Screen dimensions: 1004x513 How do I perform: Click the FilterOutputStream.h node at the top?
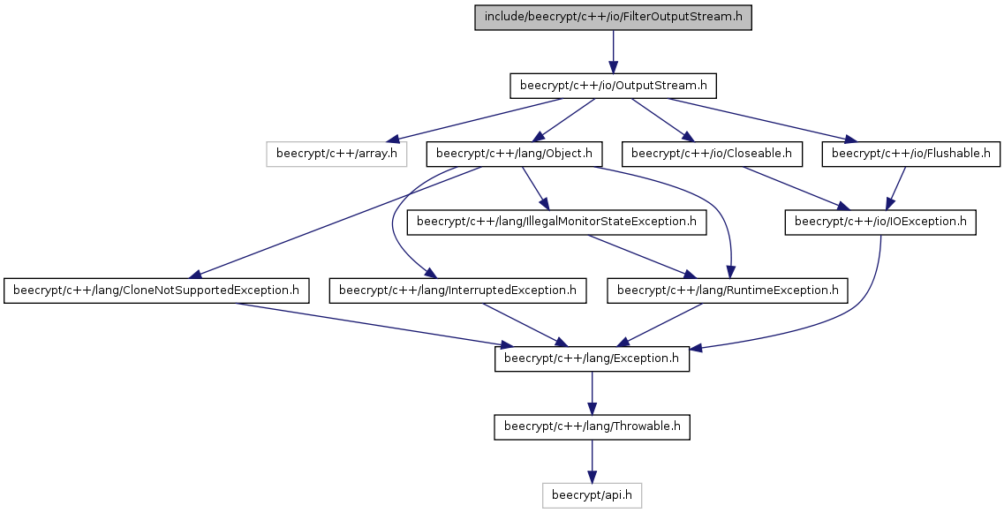pyautogui.click(x=613, y=18)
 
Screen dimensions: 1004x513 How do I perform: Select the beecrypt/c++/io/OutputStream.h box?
pyautogui.click(x=613, y=86)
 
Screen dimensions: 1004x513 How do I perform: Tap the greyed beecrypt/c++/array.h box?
pyautogui.click(x=336, y=155)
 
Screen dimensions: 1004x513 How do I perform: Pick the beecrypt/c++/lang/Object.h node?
pyautogui.click(x=515, y=155)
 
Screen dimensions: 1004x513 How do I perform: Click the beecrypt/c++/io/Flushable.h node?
pyautogui.click(x=910, y=155)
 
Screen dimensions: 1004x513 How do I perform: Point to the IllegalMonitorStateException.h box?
pyautogui.click(x=556, y=223)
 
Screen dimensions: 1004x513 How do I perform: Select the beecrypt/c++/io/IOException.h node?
pyautogui.click(x=880, y=223)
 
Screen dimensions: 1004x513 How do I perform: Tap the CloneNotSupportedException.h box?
pyautogui.click(x=156, y=290)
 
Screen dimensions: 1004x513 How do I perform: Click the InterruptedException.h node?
pyautogui.click(x=457, y=290)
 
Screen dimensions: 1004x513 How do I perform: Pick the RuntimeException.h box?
pyautogui.click(x=728, y=290)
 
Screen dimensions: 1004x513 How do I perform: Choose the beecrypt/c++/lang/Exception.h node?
pyautogui.click(x=592, y=358)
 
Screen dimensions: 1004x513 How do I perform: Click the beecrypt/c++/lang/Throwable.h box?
pyautogui.click(x=592, y=427)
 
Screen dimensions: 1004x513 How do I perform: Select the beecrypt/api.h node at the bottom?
pyautogui.click(x=592, y=495)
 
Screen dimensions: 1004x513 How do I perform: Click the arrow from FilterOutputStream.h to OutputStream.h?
pyautogui.click(x=613, y=51)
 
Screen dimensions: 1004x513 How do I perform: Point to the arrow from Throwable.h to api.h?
pyautogui.click(x=592, y=461)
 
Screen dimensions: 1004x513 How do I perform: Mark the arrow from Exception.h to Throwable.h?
pyautogui.click(x=592, y=393)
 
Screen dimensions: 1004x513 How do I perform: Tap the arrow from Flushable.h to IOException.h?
pyautogui.click(x=895, y=188)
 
